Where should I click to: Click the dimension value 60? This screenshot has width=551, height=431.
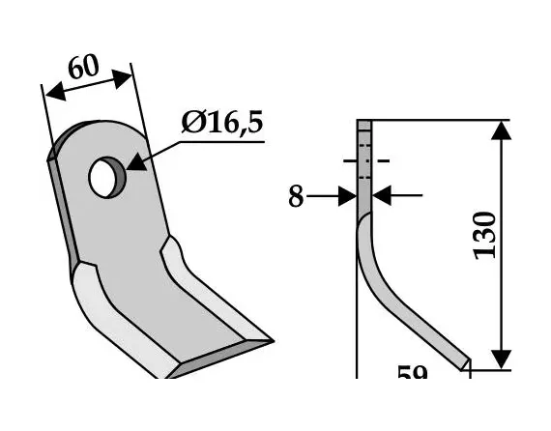click(x=83, y=68)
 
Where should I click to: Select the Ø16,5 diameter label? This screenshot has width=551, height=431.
click(x=223, y=124)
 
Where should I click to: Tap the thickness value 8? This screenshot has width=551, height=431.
click(x=296, y=197)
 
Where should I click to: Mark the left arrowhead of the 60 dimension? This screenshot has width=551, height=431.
click(x=50, y=95)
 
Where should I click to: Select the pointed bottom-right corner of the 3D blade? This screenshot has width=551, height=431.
click(x=270, y=341)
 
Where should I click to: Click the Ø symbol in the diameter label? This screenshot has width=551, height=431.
click(x=192, y=125)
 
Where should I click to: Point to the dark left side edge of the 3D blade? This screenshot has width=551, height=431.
click(x=60, y=203)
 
